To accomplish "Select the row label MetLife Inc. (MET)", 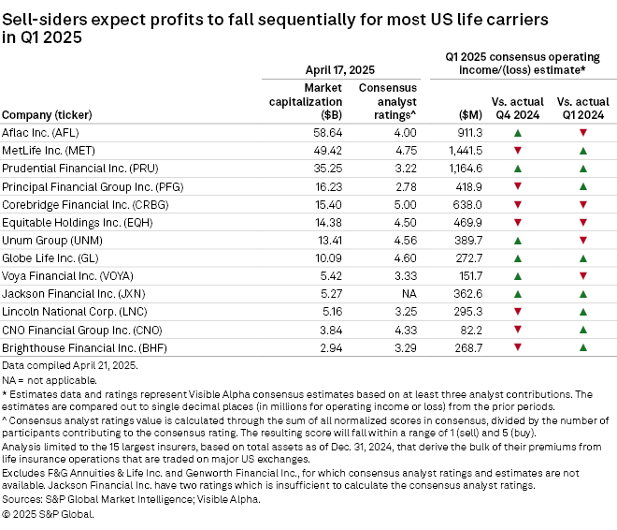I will [49, 151].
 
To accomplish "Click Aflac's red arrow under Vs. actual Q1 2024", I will [582, 134].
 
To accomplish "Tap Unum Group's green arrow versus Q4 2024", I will [517, 240].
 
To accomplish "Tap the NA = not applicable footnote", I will [53, 380].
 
